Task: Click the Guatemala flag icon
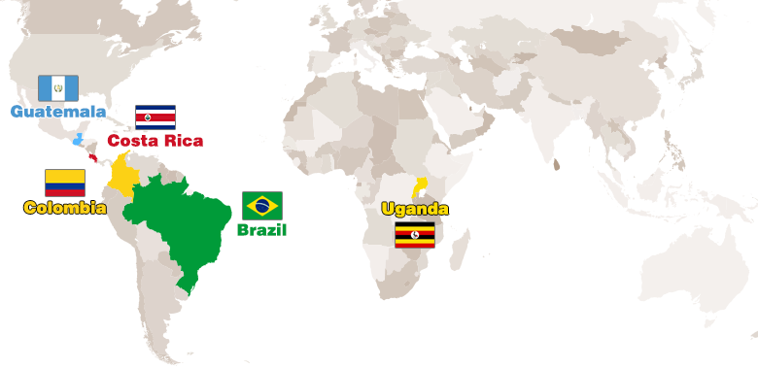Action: click(57, 88)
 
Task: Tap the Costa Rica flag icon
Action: click(155, 117)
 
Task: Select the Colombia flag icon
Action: click(65, 183)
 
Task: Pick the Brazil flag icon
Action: click(262, 205)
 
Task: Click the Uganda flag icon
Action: click(415, 234)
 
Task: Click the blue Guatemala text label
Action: click(58, 112)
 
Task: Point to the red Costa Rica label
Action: click(155, 141)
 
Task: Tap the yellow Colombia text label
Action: click(65, 208)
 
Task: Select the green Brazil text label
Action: click(262, 230)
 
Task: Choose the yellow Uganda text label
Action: click(415, 209)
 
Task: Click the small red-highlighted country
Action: click(93, 157)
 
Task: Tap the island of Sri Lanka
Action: click(556, 165)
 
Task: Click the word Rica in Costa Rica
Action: click(184, 141)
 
